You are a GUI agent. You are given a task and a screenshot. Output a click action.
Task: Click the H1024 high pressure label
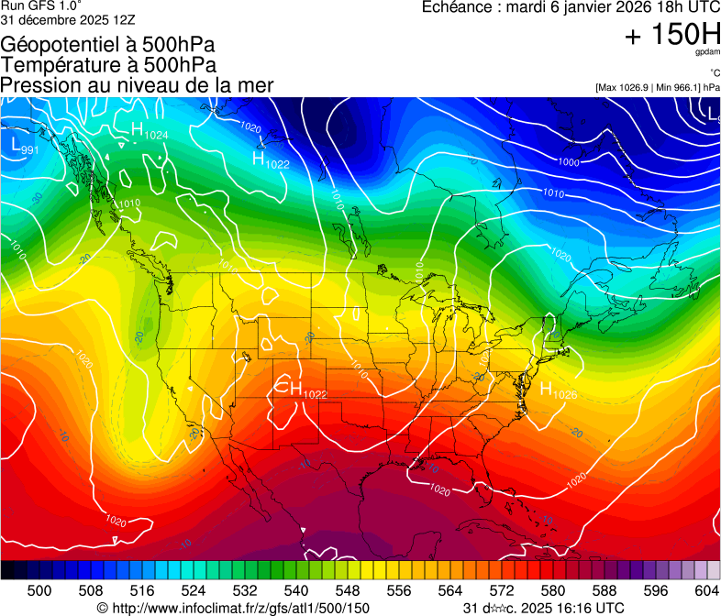coord(149,131)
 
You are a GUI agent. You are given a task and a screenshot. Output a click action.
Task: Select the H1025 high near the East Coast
coord(558,390)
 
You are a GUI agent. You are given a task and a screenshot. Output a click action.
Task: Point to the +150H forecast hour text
coord(671,35)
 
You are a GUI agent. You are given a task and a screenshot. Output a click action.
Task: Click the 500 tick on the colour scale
coord(39,589)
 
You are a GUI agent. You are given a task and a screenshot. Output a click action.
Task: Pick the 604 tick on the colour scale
coord(707,589)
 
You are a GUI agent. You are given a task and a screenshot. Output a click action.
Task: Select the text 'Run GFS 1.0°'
coord(36,5)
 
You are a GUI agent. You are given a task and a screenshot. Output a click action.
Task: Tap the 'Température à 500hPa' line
coord(108,64)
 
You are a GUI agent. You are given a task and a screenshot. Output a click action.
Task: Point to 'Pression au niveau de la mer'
coord(137,84)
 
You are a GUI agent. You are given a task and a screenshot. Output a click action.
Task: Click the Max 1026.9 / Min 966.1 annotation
coord(657,87)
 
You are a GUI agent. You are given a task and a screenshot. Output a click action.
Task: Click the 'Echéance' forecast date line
coord(570,7)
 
